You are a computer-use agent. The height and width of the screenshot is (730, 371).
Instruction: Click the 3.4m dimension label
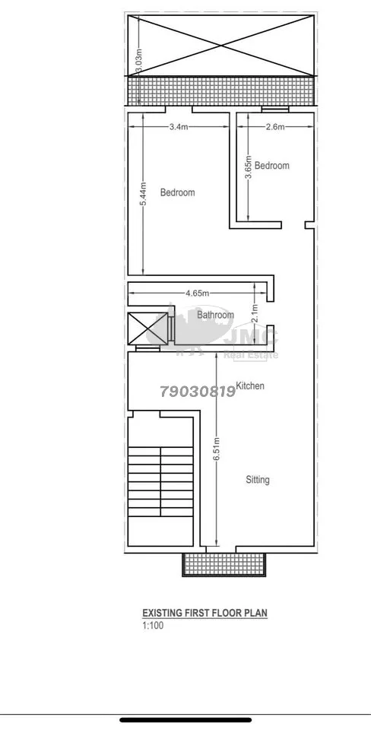click(x=179, y=127)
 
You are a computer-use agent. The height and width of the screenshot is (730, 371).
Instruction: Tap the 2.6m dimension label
click(x=274, y=127)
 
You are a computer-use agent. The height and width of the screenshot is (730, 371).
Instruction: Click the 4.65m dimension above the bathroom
click(x=198, y=293)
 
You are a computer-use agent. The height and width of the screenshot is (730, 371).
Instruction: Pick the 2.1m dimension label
click(x=254, y=313)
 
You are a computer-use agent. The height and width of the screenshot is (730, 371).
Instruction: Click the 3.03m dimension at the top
click(x=138, y=62)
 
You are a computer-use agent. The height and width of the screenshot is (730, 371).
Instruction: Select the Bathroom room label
click(x=215, y=315)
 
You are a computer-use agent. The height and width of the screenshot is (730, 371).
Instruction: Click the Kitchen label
click(x=250, y=386)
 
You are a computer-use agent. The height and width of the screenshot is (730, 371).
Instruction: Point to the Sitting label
click(x=258, y=480)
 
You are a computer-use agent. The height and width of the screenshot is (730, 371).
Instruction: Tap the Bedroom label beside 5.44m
click(x=177, y=192)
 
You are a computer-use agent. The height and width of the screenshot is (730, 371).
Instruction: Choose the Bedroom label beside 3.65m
click(x=272, y=165)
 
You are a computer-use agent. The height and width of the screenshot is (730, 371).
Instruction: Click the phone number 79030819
click(x=198, y=392)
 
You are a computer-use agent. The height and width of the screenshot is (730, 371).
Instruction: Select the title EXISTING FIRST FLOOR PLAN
click(x=205, y=613)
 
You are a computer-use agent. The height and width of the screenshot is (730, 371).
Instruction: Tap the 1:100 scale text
click(x=153, y=626)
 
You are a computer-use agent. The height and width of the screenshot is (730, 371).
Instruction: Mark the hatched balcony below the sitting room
click(x=225, y=564)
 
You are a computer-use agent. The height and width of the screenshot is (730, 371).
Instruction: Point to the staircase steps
click(x=160, y=481)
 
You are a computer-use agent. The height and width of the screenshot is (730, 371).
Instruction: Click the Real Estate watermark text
click(x=252, y=355)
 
